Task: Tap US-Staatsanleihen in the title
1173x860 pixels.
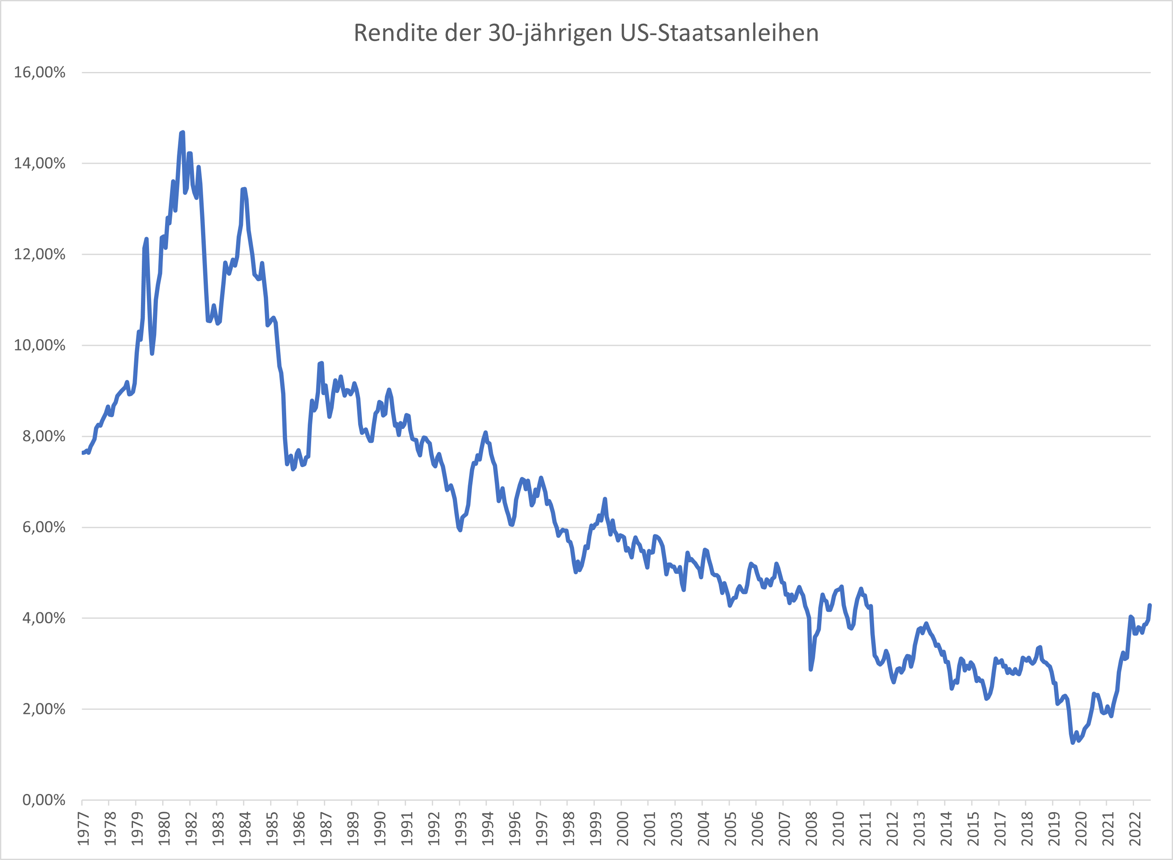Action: pos(719,33)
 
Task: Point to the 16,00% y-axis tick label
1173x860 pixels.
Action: pos(39,72)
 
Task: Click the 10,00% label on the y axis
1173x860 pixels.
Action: pos(39,345)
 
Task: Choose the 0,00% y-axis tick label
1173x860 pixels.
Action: pos(44,799)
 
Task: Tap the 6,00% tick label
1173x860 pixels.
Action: pos(44,527)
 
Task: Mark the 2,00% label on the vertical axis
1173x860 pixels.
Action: pos(44,709)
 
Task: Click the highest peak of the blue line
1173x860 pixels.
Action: pos(182,133)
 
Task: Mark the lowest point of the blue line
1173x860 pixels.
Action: pos(1073,742)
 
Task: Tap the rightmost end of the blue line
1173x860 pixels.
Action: pos(1150,605)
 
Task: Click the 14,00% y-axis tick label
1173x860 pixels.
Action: pos(39,163)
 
